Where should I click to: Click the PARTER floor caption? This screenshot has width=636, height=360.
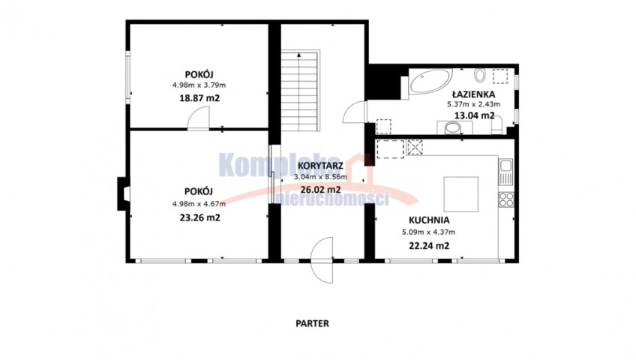click(x=312, y=323)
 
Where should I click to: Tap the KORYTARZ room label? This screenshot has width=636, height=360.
click(x=320, y=166)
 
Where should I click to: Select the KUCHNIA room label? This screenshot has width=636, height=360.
click(x=429, y=220)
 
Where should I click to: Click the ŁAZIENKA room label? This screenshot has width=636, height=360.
click(x=474, y=94)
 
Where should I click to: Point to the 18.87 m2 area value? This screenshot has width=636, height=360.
click(x=199, y=98)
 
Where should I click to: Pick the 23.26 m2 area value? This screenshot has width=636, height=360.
click(x=200, y=217)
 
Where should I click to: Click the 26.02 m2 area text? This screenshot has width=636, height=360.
click(x=320, y=189)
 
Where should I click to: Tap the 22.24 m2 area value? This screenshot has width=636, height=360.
click(x=429, y=246)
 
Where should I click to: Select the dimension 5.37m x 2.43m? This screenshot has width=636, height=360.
click(x=474, y=104)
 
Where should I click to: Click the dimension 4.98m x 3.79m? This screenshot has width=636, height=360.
click(x=199, y=85)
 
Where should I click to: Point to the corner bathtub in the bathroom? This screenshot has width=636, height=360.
click(x=430, y=81)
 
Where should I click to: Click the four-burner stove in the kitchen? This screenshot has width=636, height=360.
click(x=506, y=199)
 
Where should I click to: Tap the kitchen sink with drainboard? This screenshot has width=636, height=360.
click(x=505, y=172)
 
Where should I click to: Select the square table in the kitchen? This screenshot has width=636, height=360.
click(x=460, y=194)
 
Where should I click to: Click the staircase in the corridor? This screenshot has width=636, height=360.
click(x=300, y=91)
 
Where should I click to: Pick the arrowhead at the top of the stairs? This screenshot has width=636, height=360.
click(x=299, y=54)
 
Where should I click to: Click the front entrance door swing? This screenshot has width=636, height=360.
click(x=322, y=260)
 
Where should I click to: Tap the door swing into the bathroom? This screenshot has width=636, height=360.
click(x=355, y=112)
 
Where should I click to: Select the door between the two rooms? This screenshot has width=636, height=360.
click(x=198, y=118)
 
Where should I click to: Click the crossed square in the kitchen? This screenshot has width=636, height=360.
click(x=415, y=147)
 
